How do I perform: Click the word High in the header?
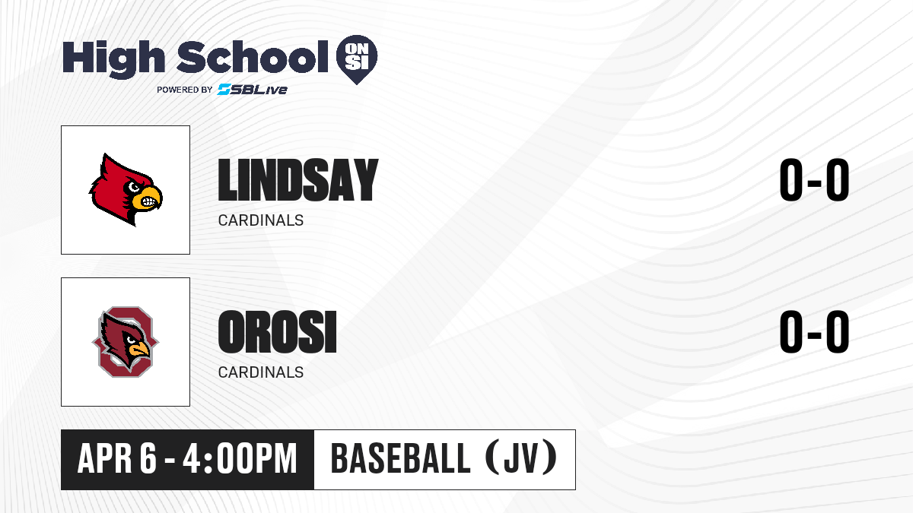113,59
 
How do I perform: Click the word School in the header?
253,57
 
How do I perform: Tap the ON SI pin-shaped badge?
357,59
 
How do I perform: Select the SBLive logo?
253,90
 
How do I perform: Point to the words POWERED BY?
185,90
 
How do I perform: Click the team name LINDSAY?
298,180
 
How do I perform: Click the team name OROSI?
278,332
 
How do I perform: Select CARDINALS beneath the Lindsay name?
261,220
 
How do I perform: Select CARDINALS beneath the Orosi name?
261,372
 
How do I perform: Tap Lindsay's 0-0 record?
814,180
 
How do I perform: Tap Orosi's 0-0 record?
814,332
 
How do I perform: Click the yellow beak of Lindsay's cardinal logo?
147,198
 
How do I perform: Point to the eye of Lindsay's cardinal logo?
134,187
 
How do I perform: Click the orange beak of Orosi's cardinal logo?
140,350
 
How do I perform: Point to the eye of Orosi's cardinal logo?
131,340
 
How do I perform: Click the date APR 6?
117,459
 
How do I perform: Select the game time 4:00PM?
240,459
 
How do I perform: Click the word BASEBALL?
401,459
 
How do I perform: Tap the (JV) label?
521,458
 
